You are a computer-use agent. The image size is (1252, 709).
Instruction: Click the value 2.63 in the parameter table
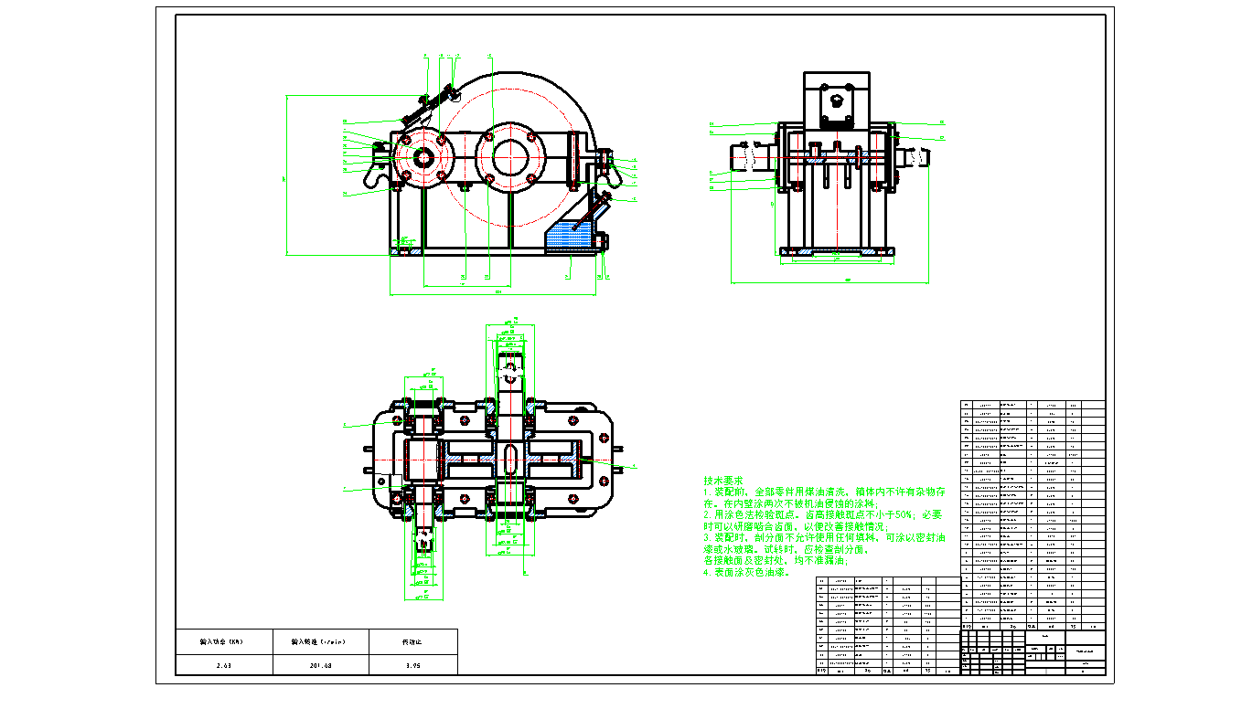tap(223, 665)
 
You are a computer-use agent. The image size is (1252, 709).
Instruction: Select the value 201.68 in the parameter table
tap(320, 665)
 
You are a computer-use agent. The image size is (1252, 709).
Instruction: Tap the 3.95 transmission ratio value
tap(413, 665)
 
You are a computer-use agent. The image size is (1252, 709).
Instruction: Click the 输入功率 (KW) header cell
tap(223, 641)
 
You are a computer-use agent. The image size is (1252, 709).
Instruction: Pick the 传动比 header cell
tap(413, 641)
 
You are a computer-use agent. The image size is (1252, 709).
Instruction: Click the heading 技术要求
tap(723, 481)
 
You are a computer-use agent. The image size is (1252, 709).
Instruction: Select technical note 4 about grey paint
tap(744, 573)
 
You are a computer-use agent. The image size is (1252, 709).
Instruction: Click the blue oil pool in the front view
tap(567, 236)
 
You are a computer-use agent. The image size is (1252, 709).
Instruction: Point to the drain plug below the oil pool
tap(605, 242)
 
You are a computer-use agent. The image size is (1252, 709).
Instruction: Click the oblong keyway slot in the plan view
tap(509, 460)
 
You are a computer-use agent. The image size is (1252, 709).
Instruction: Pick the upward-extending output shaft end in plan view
tap(510, 362)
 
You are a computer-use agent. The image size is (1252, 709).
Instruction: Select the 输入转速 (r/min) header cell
tap(320, 641)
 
